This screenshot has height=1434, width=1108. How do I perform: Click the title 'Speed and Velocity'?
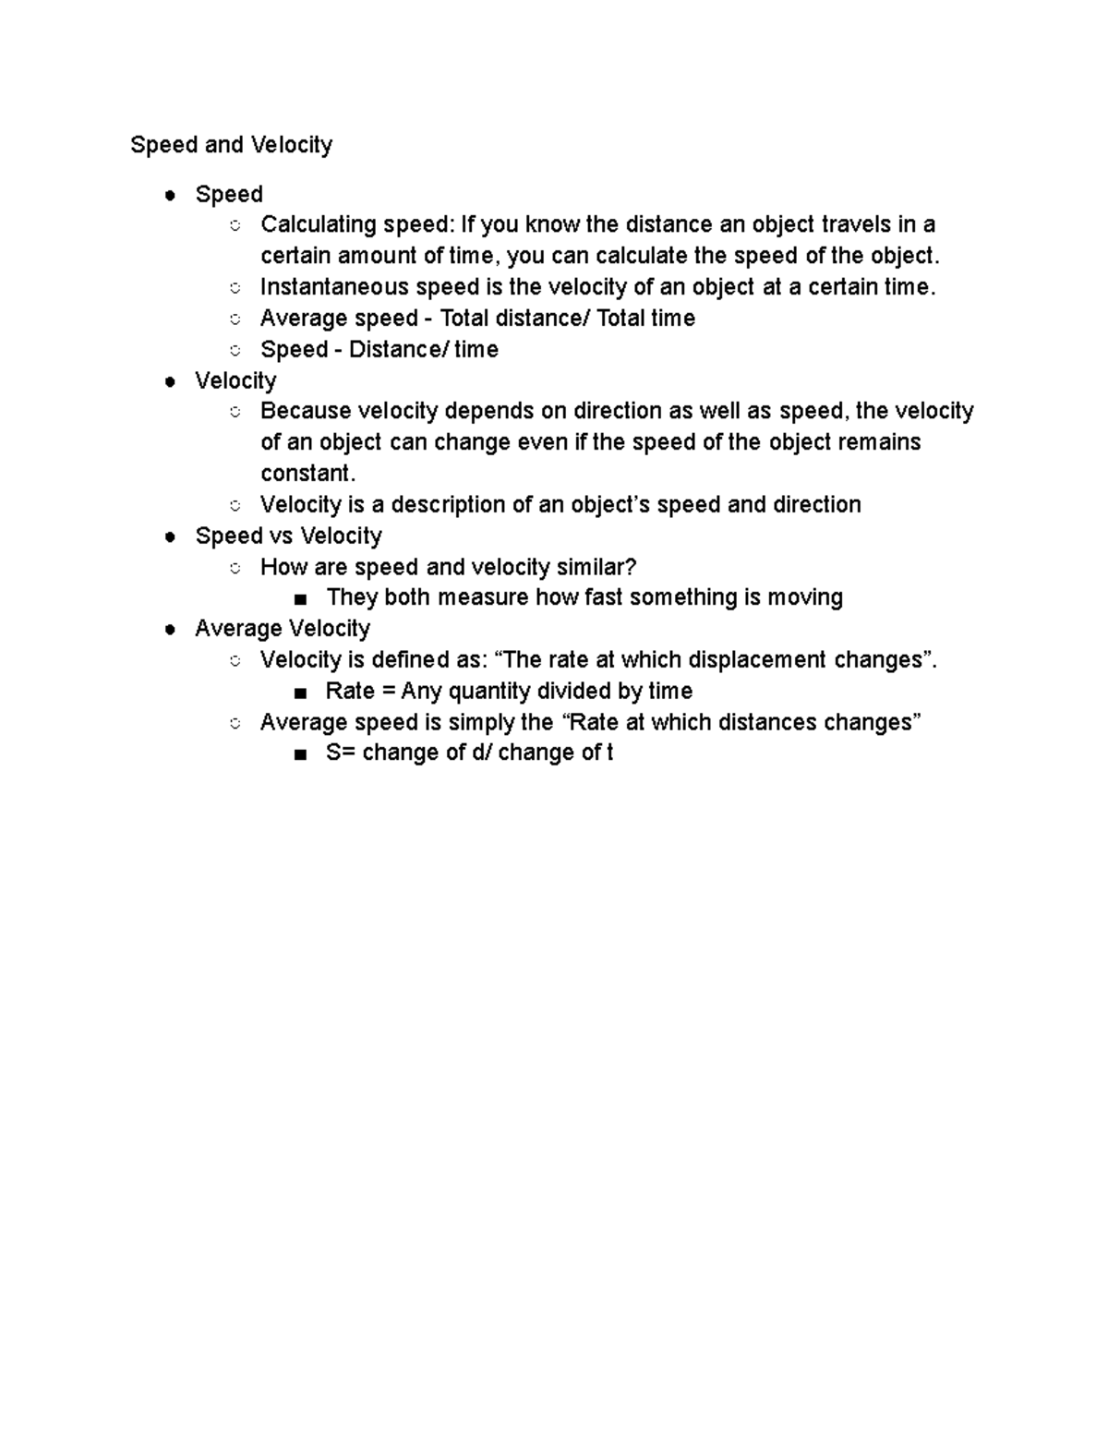point(231,145)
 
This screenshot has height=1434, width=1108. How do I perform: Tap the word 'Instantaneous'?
point(334,287)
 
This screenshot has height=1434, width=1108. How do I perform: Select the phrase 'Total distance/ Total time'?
point(567,319)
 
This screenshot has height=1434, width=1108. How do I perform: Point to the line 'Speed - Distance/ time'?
point(379,350)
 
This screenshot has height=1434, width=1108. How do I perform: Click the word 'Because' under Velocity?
point(305,411)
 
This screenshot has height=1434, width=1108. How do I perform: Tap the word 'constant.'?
point(307,474)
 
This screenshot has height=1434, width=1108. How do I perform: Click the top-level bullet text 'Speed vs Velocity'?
point(288,536)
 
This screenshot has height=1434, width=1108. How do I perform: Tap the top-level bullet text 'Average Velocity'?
point(283,629)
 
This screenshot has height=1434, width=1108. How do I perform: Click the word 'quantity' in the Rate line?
point(489,692)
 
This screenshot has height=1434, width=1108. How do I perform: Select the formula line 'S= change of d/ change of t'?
point(469,753)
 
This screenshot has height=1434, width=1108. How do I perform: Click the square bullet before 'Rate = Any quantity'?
point(299,693)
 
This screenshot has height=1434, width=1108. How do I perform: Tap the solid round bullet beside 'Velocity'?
point(170,381)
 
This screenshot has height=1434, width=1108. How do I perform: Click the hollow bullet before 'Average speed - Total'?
point(235,319)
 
